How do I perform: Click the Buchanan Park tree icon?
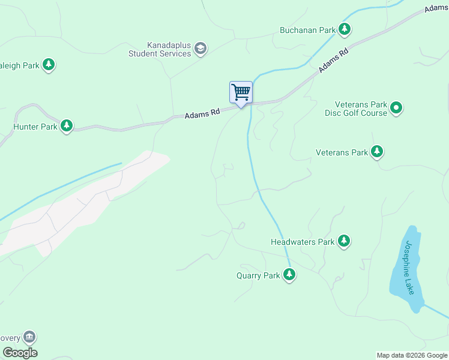point(344,29)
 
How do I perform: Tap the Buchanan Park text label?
point(307,29)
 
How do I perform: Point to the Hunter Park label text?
point(35,127)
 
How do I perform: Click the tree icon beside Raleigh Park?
point(49,65)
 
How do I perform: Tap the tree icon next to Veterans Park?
point(377,152)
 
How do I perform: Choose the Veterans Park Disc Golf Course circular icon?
point(396,108)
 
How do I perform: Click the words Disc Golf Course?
point(356,113)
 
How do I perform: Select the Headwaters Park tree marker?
point(344,241)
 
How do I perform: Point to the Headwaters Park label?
point(302,242)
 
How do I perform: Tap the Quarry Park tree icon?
point(290,275)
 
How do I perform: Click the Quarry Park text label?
point(258,276)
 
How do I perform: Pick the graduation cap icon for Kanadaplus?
point(201,49)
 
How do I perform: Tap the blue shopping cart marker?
point(241,93)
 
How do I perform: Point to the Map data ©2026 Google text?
point(412,355)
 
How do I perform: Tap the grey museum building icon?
point(29,337)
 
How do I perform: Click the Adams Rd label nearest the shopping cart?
point(202,113)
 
